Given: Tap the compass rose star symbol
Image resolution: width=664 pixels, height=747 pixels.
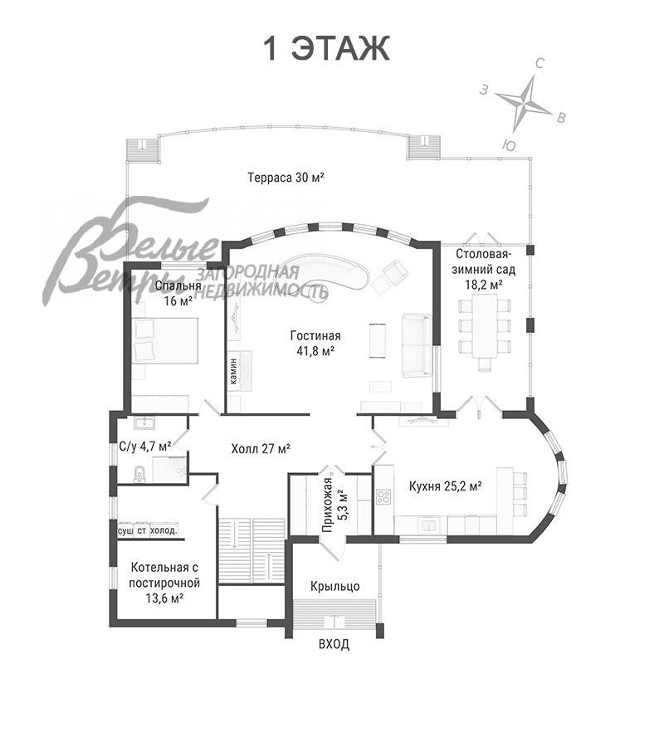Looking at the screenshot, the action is tap(524, 101).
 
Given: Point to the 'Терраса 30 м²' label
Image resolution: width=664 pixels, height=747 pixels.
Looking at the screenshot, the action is tap(286, 178).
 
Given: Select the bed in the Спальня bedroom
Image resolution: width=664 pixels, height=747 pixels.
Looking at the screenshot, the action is tap(165, 340).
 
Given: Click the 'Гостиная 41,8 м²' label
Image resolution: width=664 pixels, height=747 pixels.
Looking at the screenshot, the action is tap(315, 344).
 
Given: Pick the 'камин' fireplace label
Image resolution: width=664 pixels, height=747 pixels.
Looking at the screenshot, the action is tap(233, 371).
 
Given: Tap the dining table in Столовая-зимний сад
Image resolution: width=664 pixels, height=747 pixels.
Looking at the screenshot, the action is tap(485, 326).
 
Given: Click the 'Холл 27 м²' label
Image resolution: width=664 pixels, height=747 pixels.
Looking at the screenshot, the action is tap(261, 449).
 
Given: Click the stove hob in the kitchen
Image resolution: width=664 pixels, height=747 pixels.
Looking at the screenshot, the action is tap(383, 497).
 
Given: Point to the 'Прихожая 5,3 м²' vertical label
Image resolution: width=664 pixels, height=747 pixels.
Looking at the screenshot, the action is tap(334, 505).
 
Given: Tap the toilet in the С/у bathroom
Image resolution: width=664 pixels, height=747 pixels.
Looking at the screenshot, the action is tap(139, 474).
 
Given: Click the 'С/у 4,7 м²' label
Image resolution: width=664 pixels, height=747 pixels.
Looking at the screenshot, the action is tap(144, 447).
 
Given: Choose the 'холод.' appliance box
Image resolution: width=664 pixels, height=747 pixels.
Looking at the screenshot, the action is tap(164, 530).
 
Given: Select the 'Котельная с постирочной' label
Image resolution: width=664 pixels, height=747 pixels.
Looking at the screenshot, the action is tap(164, 575).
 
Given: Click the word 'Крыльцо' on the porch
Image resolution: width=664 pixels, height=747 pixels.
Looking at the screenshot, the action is tap(334, 586).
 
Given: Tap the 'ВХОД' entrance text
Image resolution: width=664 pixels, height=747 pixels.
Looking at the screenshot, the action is tap(334, 644).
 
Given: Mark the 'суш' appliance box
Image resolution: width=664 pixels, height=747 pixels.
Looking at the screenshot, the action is tap(125, 530).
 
